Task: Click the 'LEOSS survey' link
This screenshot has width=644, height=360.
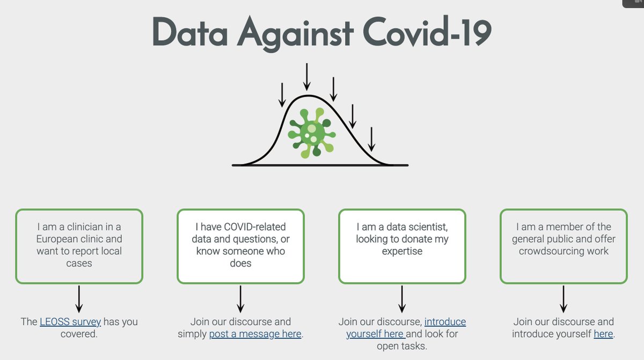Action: pyautogui.click(x=70, y=322)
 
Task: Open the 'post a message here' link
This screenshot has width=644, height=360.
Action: pyautogui.click(x=255, y=334)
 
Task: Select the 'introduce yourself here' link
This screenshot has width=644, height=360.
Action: pyautogui.click(x=406, y=328)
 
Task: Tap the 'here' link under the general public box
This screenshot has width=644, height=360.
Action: pyautogui.click(x=603, y=334)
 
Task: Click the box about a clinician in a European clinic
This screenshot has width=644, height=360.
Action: pyautogui.click(x=79, y=246)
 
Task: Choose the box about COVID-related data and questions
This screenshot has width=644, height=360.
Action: pyautogui.click(x=240, y=246)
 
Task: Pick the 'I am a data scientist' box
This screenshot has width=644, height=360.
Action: pyautogui.click(x=402, y=246)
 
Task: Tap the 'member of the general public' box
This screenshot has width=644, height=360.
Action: pyautogui.click(x=563, y=246)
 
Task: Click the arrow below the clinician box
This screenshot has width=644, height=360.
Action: pyautogui.click(x=79, y=299)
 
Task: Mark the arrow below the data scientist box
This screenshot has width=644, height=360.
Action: pyautogui.click(x=402, y=299)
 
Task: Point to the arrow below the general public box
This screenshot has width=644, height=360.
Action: pyautogui.click(x=563, y=299)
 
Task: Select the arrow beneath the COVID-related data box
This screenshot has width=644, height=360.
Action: pyautogui.click(x=240, y=299)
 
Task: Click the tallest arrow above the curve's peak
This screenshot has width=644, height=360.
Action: pyautogui.click(x=307, y=77)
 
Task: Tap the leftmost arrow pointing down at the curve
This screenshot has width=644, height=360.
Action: pyautogui.click(x=282, y=95)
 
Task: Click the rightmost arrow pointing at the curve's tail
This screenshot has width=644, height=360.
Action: pyautogui.click(x=371, y=139)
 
